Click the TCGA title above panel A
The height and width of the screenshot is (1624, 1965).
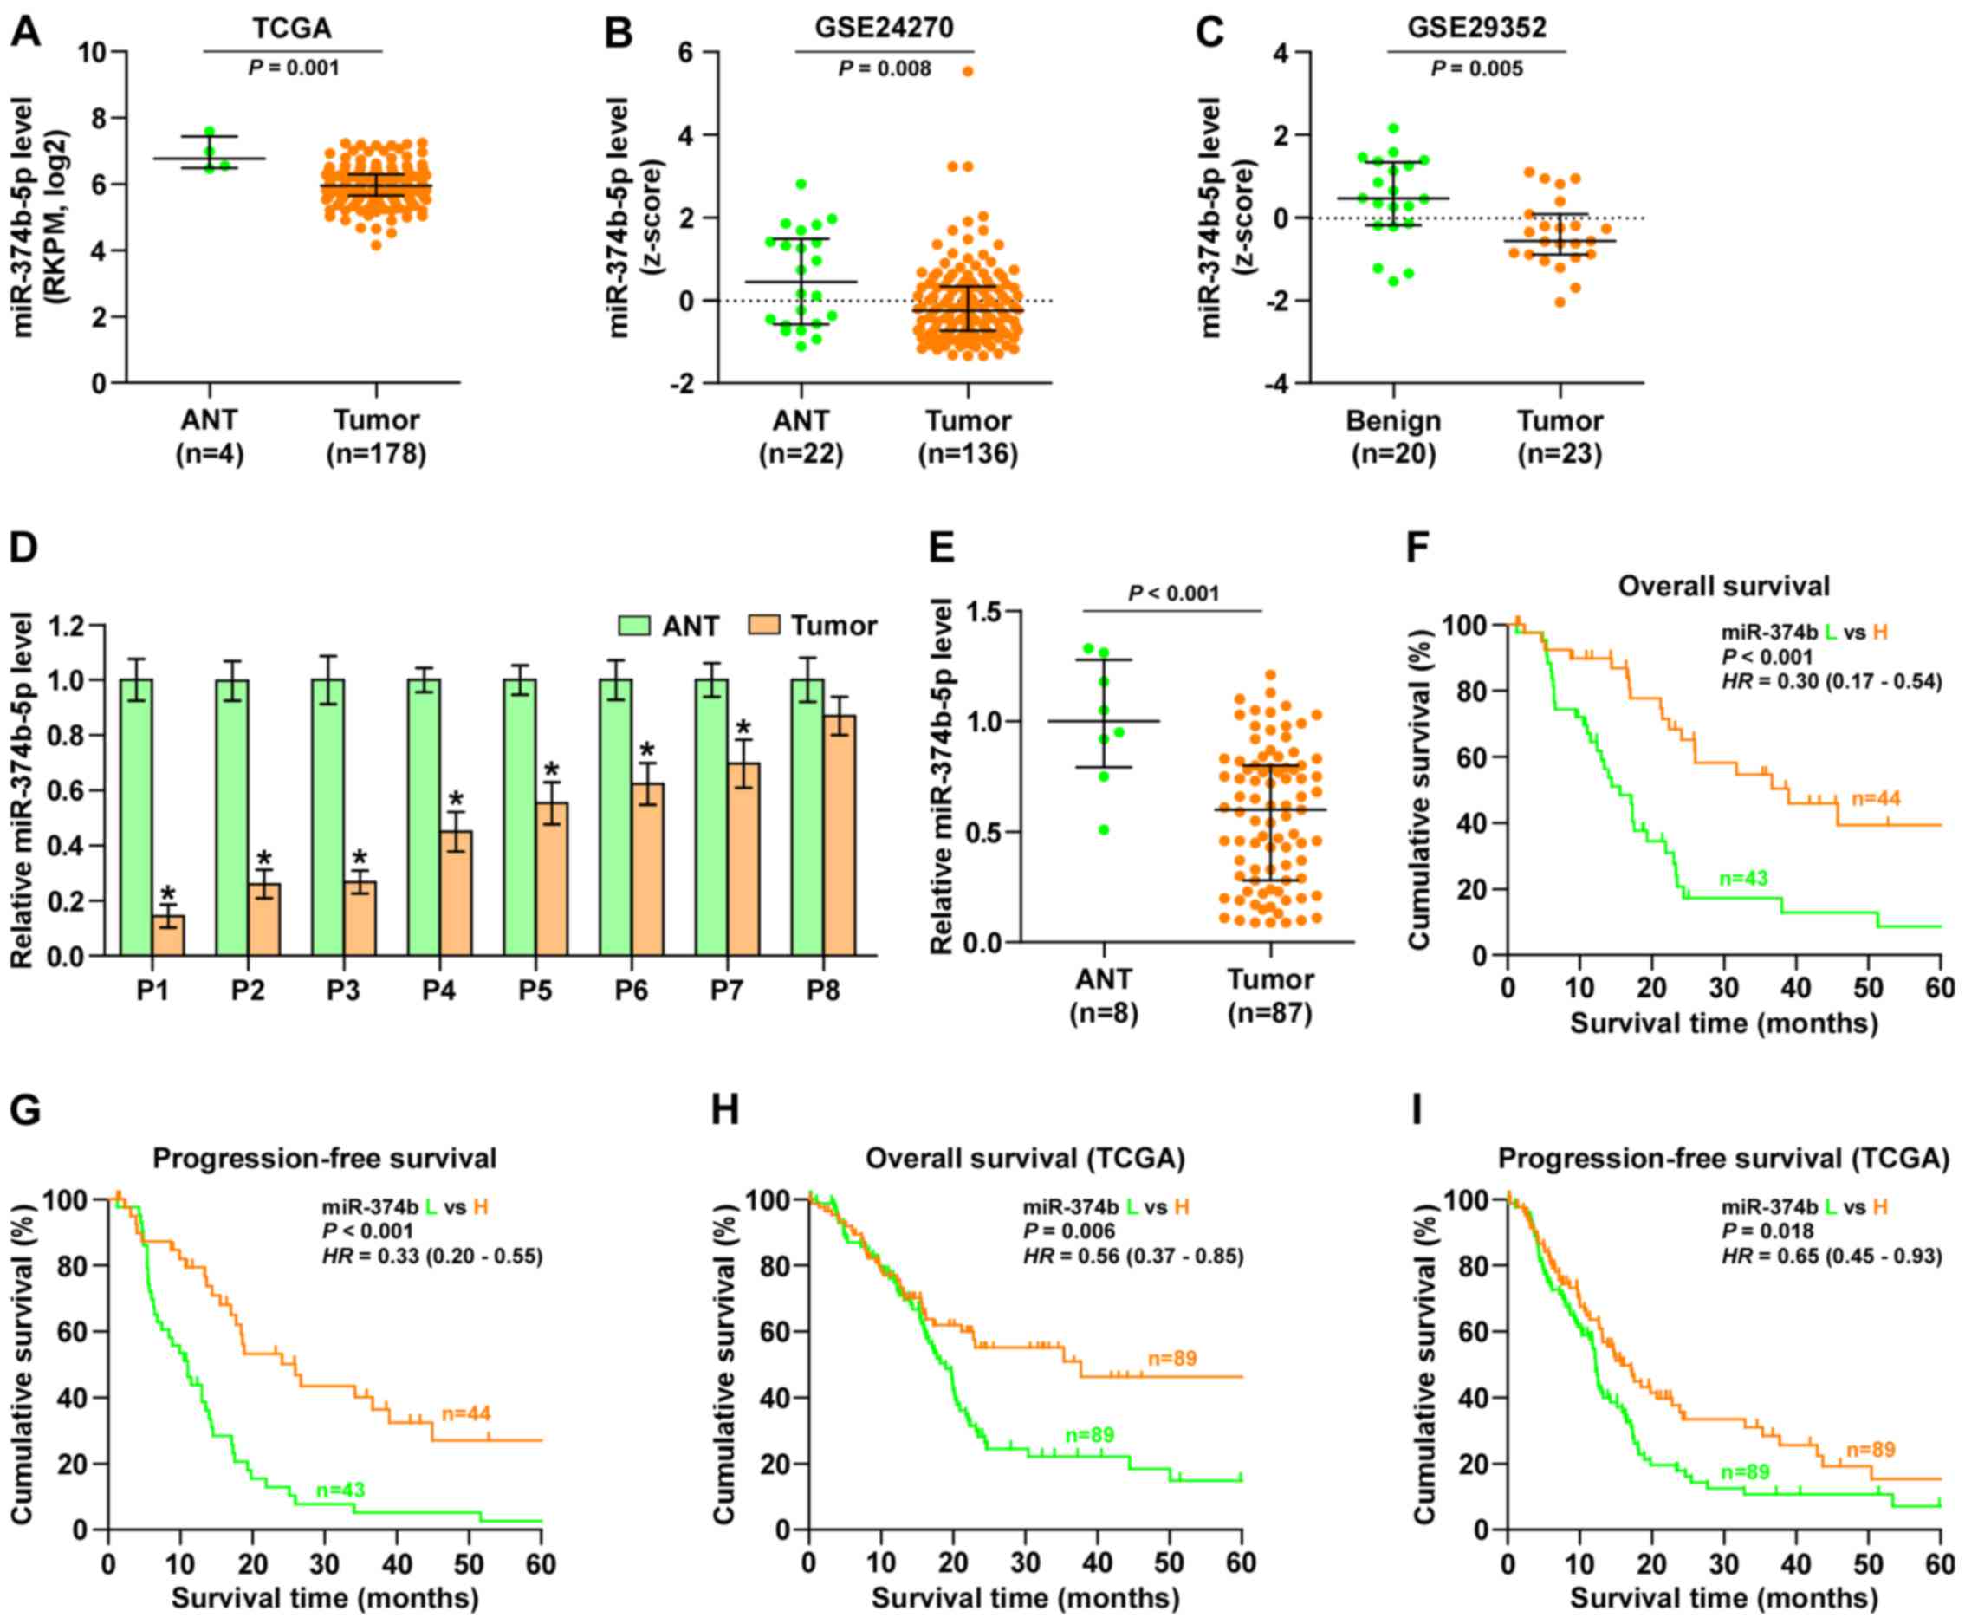coord(292,28)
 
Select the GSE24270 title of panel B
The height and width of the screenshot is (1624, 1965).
coord(884,27)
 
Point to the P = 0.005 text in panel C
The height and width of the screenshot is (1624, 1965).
coord(1477,68)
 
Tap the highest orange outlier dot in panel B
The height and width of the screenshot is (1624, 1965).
coord(968,71)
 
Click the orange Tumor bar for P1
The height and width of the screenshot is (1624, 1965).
coord(168,934)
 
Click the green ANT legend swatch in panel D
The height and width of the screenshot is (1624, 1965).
coord(634,626)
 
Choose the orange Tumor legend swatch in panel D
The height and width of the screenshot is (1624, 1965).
coord(763,626)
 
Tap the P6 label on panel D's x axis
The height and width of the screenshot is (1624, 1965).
coord(632,990)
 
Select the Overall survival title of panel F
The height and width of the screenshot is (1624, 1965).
coord(1722,587)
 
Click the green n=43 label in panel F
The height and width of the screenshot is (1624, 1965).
coord(1743,879)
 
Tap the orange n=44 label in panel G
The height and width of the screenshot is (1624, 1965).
coord(466,1413)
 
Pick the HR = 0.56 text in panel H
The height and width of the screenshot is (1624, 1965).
coord(1132,1256)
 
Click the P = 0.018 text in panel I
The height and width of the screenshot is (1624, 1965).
coord(1767,1231)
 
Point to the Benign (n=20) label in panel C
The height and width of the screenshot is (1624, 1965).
coord(1392,437)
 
